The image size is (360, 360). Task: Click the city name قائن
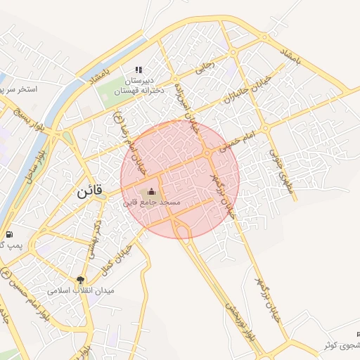pos(89,191)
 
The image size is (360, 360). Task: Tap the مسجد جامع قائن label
pos(152,202)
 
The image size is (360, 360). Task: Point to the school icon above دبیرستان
pos(139,70)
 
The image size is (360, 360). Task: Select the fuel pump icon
pos(8,234)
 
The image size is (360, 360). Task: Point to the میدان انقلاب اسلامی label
pos(80,290)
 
